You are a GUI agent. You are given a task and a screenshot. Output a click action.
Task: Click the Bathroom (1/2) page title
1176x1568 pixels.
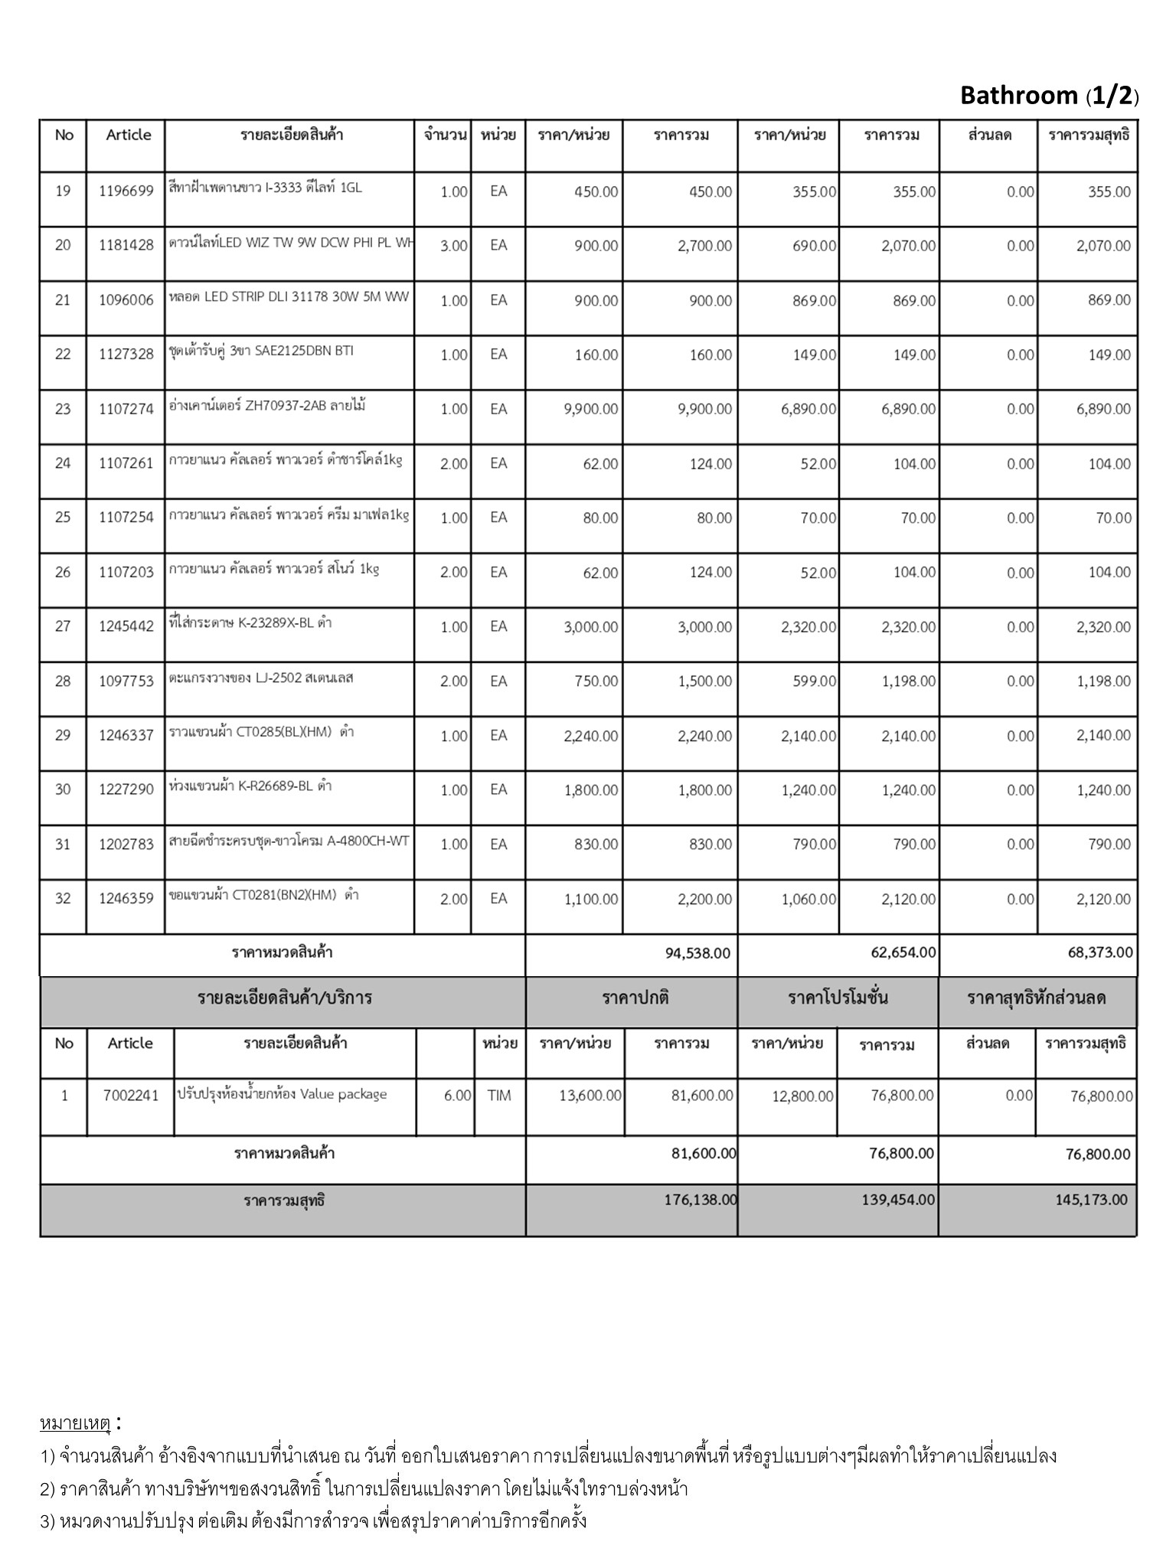click(x=1049, y=96)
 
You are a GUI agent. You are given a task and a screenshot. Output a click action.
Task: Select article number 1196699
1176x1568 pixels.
click(x=126, y=191)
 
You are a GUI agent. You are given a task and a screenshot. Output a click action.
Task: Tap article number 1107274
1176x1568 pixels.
click(x=126, y=409)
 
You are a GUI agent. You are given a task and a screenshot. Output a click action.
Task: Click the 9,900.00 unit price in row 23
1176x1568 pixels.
click(x=590, y=409)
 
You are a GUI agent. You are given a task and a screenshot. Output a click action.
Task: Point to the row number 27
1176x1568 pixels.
click(x=63, y=626)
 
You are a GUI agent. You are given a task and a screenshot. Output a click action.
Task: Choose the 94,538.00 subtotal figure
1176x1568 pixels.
click(x=698, y=953)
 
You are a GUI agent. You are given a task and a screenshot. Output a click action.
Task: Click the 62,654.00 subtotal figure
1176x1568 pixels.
click(x=903, y=953)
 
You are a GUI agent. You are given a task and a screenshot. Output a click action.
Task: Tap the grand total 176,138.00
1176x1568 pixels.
click(x=701, y=1200)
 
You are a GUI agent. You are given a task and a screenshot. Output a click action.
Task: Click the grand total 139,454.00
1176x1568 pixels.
click(x=898, y=1200)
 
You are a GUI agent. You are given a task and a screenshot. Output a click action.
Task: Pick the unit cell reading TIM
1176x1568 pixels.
click(x=499, y=1096)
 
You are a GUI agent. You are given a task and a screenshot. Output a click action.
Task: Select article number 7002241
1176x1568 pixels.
click(x=131, y=1096)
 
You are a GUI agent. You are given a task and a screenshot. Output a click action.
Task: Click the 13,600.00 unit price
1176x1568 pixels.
click(x=590, y=1096)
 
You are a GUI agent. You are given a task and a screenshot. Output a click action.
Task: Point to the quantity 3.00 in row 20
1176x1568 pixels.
click(x=453, y=246)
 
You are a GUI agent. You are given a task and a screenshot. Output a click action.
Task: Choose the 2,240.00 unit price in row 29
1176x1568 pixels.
click(x=590, y=736)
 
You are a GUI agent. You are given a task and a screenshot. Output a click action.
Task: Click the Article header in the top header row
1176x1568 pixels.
click(x=129, y=135)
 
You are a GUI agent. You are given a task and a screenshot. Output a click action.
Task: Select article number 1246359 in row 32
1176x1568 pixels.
click(x=126, y=899)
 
